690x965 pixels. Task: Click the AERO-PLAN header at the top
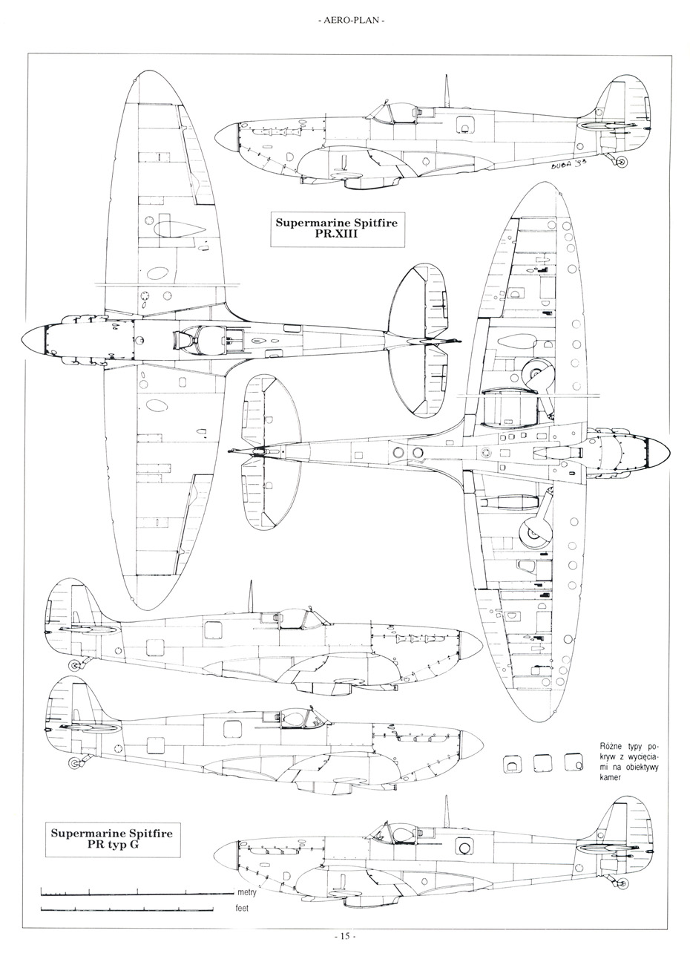point(345,20)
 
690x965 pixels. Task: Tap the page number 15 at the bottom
point(345,935)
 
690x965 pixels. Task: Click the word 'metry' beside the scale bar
point(248,892)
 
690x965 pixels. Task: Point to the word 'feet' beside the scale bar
point(243,909)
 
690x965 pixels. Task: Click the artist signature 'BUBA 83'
point(569,166)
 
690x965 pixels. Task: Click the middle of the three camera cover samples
point(542,763)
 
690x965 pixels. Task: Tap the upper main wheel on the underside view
point(534,373)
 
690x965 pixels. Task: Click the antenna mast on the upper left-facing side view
point(251,595)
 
